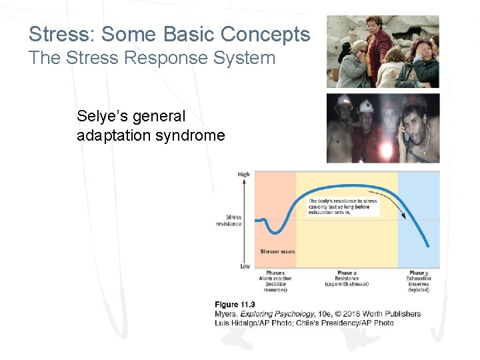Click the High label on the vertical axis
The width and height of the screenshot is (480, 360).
243,175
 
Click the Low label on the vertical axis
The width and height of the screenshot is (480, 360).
245,266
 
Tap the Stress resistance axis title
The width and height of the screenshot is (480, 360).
234,221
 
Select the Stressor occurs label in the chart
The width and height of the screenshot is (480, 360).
277,252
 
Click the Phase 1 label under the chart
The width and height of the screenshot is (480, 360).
275,273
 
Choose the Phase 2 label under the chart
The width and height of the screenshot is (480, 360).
346,273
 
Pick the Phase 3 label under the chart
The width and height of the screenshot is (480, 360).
418,273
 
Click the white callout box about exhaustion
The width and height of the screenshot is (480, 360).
343,207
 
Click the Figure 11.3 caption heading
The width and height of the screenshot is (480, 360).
235,305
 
